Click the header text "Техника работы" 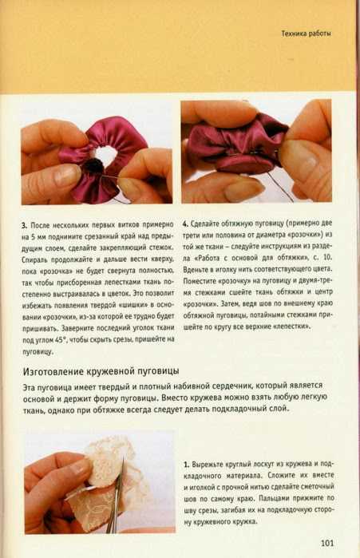coord(306,34)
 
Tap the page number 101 coord(327,543)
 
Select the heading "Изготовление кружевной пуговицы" coord(101,371)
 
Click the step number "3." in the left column coord(24,226)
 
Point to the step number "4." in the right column coord(185,224)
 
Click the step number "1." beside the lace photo coord(187,465)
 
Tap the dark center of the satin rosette coord(94,166)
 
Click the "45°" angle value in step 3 coord(59,340)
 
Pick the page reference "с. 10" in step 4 coord(322,258)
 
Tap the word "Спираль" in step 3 coord(33,259)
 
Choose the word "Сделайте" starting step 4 coord(204,224)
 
